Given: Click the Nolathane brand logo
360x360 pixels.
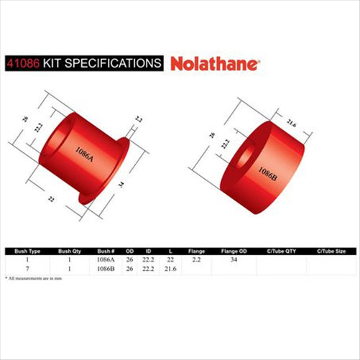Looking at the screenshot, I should click(216, 63).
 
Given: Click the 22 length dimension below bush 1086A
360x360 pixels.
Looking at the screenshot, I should click(52, 198).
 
